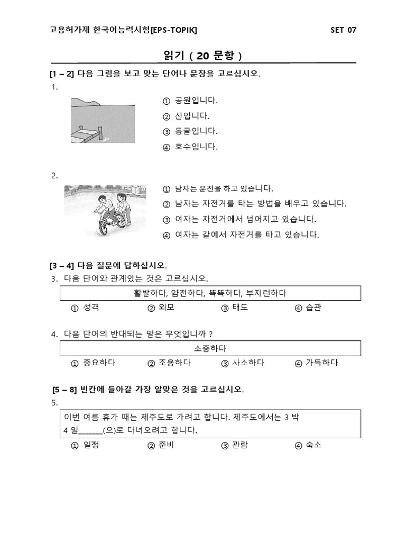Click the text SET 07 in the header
coord(343,30)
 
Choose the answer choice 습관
coord(313,308)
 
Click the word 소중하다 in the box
coord(210,348)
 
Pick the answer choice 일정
coord(91,446)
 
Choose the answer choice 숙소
coord(313,446)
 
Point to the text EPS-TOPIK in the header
coord(174,30)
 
